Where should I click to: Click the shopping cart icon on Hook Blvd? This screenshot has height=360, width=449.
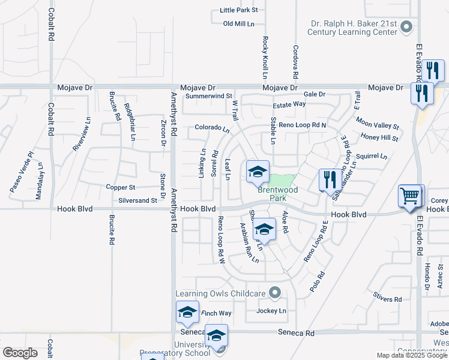411,195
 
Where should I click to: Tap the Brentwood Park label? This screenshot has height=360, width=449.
278,193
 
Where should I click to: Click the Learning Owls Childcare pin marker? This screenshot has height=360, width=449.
275,293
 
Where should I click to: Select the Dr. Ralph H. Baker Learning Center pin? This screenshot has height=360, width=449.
408,26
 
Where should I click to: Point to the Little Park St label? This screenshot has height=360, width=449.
238,10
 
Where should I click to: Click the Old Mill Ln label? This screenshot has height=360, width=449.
239,23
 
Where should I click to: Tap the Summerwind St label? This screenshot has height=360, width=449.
209,96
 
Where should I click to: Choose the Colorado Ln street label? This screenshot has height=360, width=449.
212,128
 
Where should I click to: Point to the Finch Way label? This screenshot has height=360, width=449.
216,313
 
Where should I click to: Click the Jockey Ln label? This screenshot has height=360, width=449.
271,311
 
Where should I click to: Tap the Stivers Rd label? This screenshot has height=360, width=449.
387,299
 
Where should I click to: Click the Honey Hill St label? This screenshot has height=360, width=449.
379,138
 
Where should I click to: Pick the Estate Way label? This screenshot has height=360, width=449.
289,104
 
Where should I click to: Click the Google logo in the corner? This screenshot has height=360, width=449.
20,353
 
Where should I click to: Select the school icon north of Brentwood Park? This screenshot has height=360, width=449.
257,172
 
